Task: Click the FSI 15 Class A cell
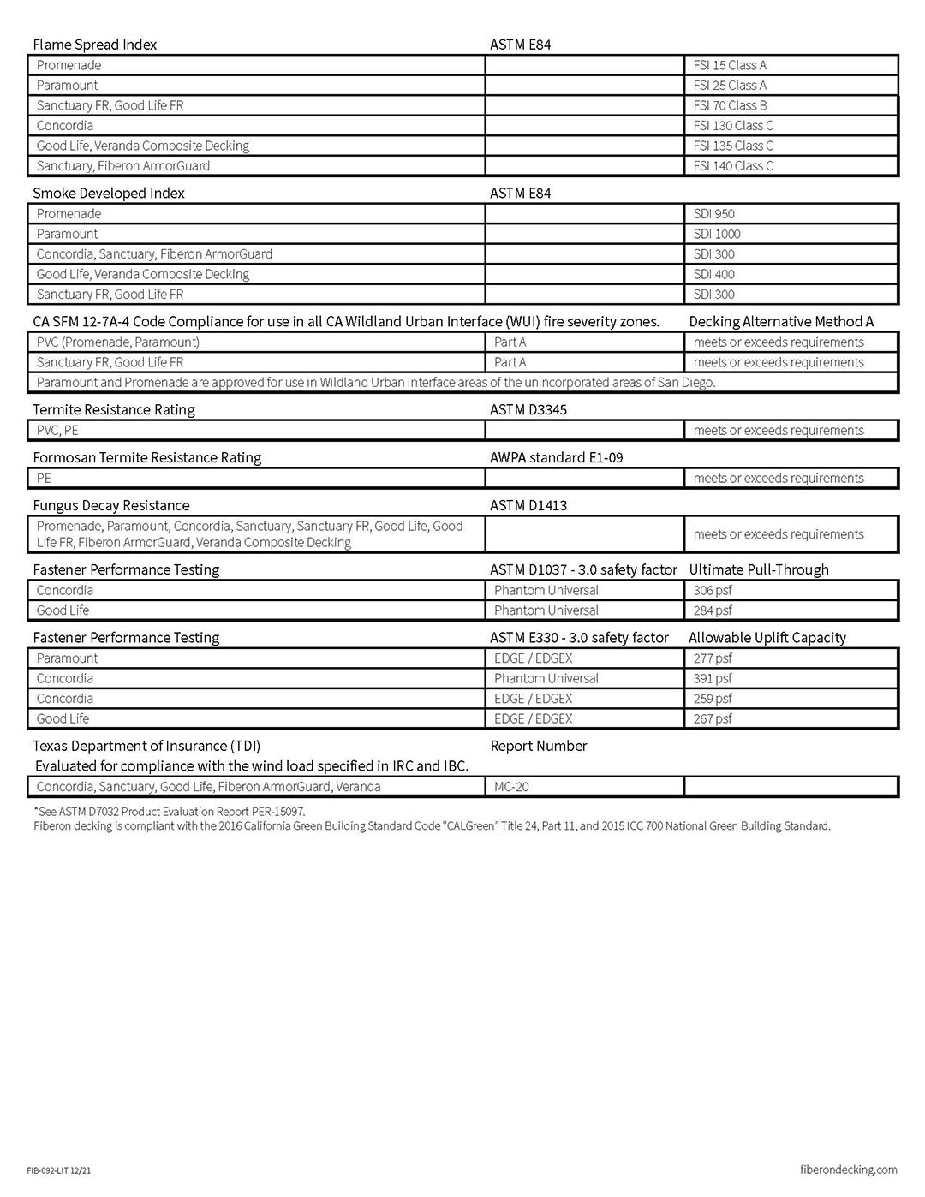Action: (x=730, y=65)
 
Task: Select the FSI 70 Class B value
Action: (x=730, y=105)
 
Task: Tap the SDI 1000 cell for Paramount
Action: (x=717, y=234)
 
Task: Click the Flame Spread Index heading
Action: (x=94, y=45)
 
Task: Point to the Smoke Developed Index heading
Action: (x=109, y=194)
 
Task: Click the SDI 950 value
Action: (x=713, y=214)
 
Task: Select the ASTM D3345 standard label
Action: (x=528, y=409)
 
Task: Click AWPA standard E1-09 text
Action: (x=556, y=457)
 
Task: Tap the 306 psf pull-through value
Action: (x=713, y=590)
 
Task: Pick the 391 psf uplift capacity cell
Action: (x=713, y=678)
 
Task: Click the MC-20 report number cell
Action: (x=511, y=786)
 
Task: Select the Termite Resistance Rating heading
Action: (x=114, y=409)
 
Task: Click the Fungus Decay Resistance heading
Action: (x=111, y=505)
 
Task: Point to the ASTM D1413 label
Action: (x=528, y=505)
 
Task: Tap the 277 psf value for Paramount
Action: (x=713, y=658)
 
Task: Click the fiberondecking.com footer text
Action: (x=848, y=1170)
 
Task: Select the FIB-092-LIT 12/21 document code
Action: (x=58, y=1170)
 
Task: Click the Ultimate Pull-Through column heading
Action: (x=758, y=569)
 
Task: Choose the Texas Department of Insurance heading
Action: (x=146, y=746)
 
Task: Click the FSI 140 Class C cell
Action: (x=733, y=166)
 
